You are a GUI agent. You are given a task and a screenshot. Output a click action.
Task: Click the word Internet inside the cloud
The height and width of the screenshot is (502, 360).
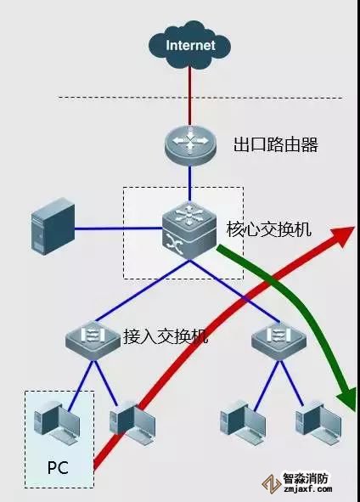[x=190, y=45]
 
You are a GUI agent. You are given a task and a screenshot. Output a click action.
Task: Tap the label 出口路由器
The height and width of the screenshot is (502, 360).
[x=275, y=145]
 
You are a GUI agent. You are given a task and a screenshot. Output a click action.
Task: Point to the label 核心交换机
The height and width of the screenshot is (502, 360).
[x=269, y=230]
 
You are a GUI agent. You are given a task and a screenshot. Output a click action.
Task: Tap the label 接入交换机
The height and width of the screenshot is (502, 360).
[x=166, y=336]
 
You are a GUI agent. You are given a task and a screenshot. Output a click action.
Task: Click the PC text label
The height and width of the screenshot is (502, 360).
[x=57, y=465]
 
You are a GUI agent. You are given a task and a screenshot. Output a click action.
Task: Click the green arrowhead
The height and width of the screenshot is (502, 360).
[x=346, y=396]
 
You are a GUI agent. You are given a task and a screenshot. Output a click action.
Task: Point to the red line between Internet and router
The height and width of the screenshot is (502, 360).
[x=190, y=93]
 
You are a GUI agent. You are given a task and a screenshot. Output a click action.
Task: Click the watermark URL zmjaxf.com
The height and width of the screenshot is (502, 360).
[x=306, y=490]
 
